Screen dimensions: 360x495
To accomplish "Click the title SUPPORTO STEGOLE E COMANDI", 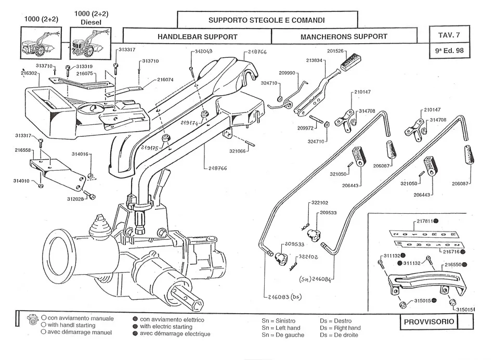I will (266, 20).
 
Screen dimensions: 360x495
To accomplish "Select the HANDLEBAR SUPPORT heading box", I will (197, 37).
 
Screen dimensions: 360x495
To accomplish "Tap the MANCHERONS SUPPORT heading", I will (344, 37).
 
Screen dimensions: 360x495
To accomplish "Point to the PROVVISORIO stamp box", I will (429, 322).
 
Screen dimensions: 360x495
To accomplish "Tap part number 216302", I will (29, 74).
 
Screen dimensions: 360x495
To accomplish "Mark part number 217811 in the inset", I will (425, 222).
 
